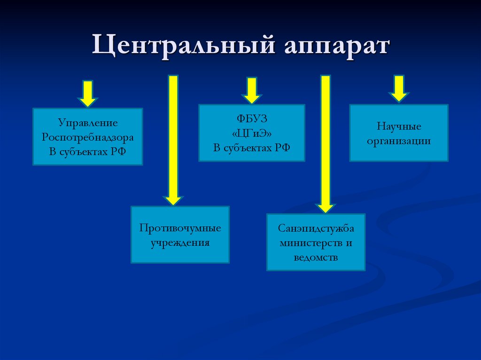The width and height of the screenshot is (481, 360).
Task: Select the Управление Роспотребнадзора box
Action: coord(87,137)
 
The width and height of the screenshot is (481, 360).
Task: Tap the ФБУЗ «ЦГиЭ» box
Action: coord(252,133)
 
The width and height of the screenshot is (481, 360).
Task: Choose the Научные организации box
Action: coord(399,133)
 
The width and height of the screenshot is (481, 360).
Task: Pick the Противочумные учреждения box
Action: coord(180,234)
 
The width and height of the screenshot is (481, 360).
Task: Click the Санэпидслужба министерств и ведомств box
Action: coord(316,242)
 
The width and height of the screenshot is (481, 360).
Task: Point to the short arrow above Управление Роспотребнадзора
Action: coord(87,93)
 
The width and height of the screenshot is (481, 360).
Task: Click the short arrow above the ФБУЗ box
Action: coord(252,90)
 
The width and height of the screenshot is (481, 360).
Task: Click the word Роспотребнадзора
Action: coord(87,137)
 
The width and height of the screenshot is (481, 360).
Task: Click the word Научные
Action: coord(399,126)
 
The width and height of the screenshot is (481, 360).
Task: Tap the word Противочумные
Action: coord(180,228)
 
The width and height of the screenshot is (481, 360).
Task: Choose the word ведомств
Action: coord(316,258)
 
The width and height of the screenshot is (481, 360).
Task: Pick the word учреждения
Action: coord(180,243)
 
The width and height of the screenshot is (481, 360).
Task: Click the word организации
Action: coord(399,140)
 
